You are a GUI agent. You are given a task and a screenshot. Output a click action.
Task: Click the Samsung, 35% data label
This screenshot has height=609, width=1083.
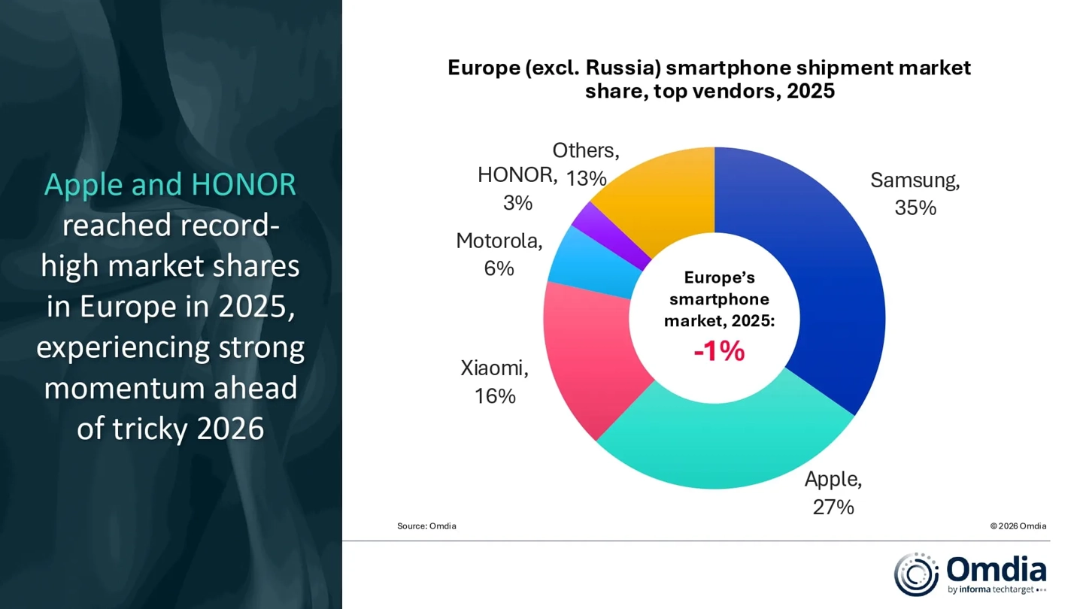[915, 194]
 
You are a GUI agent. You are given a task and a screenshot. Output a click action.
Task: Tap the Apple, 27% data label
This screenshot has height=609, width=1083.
[833, 493]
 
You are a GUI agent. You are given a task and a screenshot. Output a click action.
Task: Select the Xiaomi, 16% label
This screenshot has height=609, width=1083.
[495, 382]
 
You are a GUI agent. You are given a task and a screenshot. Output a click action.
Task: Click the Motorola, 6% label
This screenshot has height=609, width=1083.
[499, 254]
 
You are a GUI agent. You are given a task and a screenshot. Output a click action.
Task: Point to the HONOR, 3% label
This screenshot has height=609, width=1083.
[517, 189]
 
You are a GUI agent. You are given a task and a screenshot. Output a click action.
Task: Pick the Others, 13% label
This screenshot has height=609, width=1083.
[586, 164]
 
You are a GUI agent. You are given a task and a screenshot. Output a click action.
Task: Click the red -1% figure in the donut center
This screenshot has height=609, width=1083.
[719, 351]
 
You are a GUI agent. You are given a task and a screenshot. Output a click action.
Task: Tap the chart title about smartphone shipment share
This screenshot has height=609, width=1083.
[709, 79]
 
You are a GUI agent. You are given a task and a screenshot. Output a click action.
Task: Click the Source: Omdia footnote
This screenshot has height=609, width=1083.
[426, 526]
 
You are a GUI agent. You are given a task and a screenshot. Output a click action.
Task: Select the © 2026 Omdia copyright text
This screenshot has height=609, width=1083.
[1018, 526]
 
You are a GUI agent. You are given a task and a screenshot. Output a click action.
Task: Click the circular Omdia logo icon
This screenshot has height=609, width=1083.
[915, 574]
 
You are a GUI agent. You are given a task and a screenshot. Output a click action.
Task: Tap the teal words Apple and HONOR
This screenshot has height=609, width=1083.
[170, 185]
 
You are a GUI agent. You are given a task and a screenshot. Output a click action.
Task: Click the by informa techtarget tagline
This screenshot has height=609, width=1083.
[991, 589]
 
